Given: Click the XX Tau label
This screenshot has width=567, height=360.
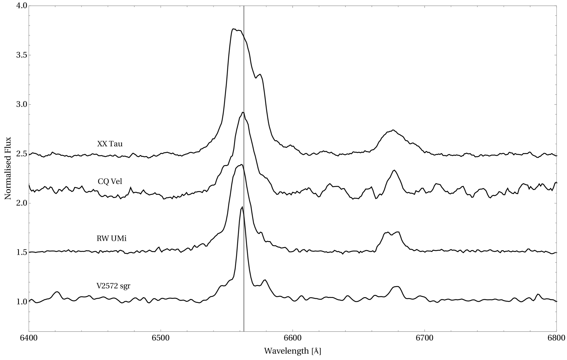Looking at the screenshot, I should [x=110, y=144].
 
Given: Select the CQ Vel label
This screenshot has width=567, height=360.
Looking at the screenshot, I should [x=110, y=181].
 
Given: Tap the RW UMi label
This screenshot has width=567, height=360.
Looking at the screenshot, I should [x=112, y=238].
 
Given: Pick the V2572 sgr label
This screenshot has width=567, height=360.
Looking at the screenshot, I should [x=113, y=286].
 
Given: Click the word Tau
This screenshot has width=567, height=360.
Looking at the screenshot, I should [x=116, y=144].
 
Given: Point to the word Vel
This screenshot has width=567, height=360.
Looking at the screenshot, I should [x=116, y=181].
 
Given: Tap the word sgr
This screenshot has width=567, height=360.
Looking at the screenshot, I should [x=125, y=286].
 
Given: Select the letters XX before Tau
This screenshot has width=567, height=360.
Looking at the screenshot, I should [x=102, y=144].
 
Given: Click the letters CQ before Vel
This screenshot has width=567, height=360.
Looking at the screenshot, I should [x=104, y=181].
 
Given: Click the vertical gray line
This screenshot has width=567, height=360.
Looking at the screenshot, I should [x=244, y=263].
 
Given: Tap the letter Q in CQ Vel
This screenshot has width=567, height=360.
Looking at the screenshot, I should [x=106, y=182].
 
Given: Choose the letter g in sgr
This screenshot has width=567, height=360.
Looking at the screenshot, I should [x=125, y=287].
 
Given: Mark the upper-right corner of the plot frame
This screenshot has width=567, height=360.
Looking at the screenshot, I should [x=556, y=6].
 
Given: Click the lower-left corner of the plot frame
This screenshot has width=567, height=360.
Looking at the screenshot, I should [x=29, y=331].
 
